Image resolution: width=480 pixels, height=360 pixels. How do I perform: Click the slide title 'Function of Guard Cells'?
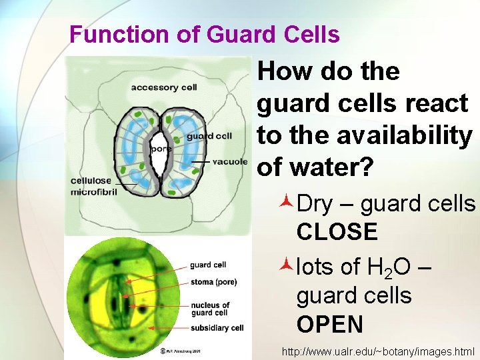click(204, 35)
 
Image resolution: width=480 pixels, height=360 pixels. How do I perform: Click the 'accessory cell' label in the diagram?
click(163, 87)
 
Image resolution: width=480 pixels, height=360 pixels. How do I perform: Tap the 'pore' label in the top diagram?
click(161, 149)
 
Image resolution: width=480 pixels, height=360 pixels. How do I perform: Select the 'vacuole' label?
click(231, 162)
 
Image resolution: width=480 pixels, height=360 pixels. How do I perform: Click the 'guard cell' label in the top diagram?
click(209, 136)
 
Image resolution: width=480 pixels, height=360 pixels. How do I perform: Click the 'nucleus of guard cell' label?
click(211, 309)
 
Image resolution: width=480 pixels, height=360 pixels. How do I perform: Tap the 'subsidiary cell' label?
click(217, 328)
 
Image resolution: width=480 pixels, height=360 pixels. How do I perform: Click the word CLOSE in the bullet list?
click(337, 233)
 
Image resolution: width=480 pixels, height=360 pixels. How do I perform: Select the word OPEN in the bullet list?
click(330, 325)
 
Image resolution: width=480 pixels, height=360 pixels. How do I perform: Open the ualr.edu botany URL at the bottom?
click(378, 351)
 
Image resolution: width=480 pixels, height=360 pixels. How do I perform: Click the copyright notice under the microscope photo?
click(176, 351)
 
